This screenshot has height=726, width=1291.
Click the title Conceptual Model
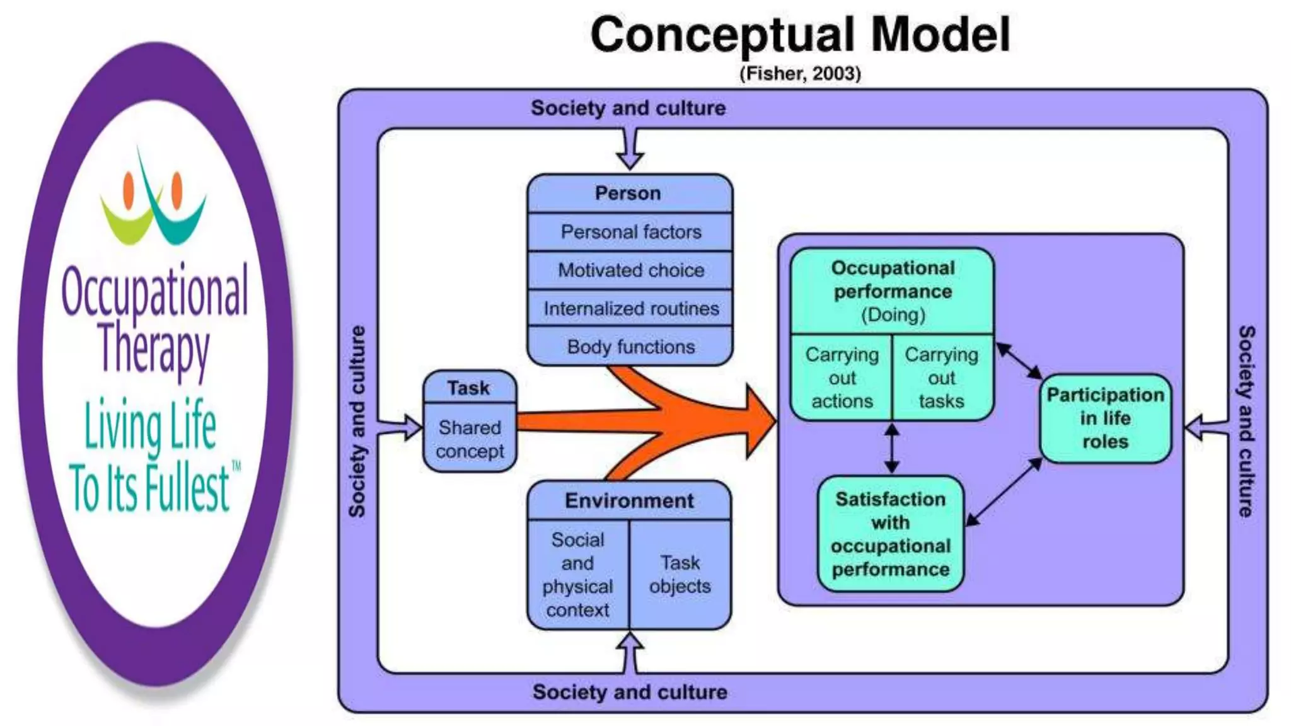(800, 35)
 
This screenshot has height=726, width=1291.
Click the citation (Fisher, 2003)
(800, 74)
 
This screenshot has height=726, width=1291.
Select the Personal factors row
(630, 232)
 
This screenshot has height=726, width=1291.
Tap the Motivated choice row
(630, 270)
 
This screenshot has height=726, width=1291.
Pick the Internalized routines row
(630, 309)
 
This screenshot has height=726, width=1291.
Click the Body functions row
(630, 347)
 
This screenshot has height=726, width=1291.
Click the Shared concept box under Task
(470, 439)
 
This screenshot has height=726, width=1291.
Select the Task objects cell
(680, 574)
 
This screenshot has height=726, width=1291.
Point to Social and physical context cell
(577, 574)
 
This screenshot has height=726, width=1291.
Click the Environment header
(629, 501)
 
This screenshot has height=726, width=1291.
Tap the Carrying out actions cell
(842, 377)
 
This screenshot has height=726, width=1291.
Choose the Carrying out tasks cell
(942, 377)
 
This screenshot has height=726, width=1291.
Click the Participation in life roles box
(1105, 418)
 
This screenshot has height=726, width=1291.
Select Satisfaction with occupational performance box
(890, 534)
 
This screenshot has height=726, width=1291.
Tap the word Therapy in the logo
(153, 349)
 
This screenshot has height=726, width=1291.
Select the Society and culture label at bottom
(629, 692)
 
